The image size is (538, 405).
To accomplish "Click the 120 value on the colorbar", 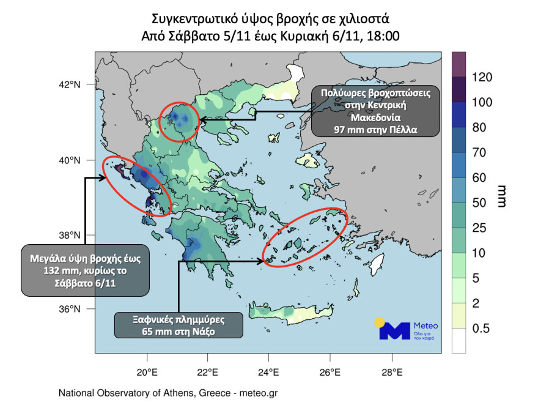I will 483,78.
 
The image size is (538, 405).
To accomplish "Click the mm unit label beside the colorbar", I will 503,196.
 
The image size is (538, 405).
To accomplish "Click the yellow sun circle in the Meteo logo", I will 380,322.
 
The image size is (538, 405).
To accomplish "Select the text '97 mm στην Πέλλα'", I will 376,130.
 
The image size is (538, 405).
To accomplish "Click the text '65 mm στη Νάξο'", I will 179,332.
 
